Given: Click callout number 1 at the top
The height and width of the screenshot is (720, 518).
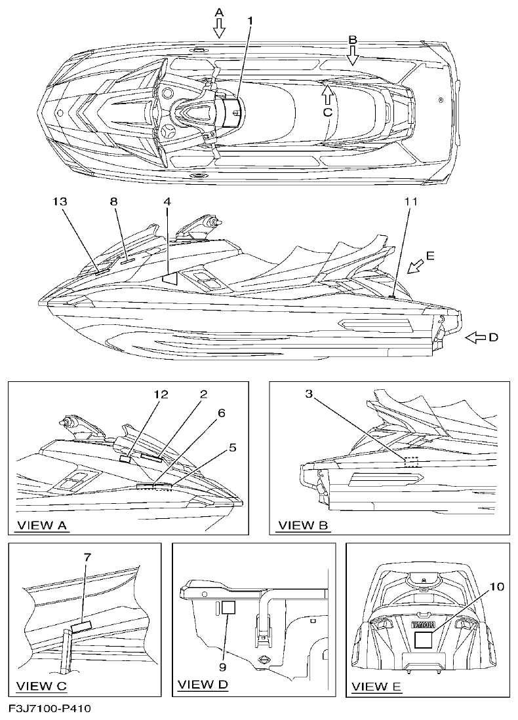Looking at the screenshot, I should tap(250, 21).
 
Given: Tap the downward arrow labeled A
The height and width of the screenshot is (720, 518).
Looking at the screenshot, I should tap(219, 27).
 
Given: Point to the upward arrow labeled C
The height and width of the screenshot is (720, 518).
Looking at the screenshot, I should tap(327, 96).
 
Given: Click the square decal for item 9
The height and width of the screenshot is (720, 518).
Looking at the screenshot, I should tap(228, 607).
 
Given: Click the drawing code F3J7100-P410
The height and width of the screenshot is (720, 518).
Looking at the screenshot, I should tap(50, 709).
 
